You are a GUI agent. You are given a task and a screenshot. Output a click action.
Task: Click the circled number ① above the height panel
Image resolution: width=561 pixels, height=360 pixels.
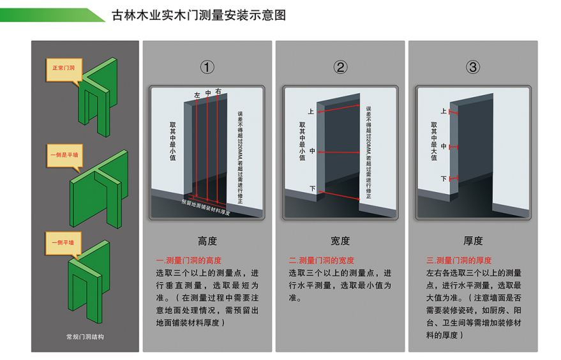click(x=207, y=67)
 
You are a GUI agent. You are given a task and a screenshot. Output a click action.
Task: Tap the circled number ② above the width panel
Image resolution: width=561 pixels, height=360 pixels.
click(x=340, y=67)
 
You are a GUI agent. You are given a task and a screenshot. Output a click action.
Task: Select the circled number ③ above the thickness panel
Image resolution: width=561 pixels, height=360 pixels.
click(x=473, y=67)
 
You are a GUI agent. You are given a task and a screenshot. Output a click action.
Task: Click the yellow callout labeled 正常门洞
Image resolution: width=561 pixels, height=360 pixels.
click(x=64, y=70)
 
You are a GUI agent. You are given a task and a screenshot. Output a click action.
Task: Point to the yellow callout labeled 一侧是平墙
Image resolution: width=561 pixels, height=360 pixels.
click(x=64, y=156)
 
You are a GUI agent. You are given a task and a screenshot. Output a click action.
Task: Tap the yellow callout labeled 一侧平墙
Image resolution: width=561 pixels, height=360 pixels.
click(x=63, y=244)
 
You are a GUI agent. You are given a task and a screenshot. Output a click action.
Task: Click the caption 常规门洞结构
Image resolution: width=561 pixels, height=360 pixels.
click(x=85, y=337)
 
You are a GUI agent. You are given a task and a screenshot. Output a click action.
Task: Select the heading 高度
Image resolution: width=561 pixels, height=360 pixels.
click(x=207, y=241)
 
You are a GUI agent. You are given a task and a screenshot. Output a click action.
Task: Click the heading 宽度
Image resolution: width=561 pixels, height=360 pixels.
click(x=340, y=241)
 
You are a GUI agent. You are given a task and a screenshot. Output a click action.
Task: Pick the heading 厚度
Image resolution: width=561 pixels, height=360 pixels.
click(x=473, y=241)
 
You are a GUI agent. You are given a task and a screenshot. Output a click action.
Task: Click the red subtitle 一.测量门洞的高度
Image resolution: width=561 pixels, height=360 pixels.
click(x=188, y=260)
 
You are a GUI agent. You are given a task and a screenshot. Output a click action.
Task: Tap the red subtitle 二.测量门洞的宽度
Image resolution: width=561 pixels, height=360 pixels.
click(x=321, y=260)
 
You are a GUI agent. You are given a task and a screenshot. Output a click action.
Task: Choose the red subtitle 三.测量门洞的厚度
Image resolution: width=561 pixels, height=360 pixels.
click(x=459, y=260)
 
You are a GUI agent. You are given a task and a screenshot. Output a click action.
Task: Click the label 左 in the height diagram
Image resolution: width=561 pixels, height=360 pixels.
click(x=197, y=95)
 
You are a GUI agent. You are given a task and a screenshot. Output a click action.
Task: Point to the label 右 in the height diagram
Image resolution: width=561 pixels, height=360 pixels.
click(x=218, y=92)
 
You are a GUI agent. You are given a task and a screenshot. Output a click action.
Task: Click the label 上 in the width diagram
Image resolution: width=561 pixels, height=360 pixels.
click(x=311, y=112)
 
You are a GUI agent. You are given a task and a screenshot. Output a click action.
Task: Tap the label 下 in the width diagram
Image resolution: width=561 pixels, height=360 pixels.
click(x=312, y=188)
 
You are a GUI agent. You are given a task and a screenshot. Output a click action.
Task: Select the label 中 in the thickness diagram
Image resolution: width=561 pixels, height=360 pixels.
click(x=444, y=146)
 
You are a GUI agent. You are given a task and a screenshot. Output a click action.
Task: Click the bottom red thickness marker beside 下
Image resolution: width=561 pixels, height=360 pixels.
click(x=453, y=178)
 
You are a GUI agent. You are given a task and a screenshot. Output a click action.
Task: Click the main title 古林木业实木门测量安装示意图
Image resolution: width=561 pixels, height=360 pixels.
click(x=198, y=15)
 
